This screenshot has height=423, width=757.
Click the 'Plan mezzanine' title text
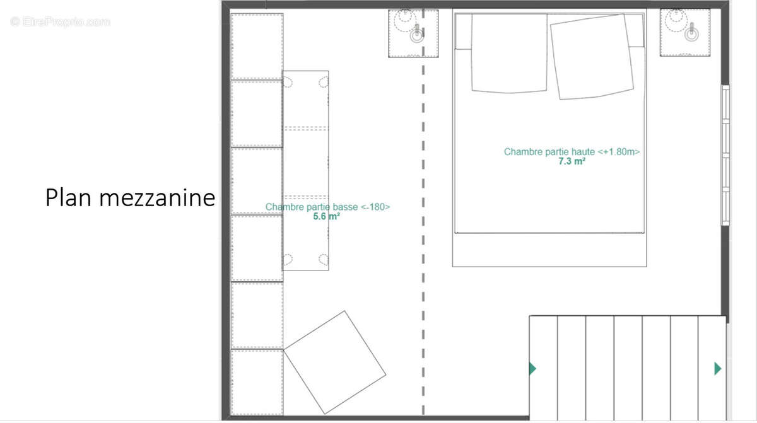point(130,198)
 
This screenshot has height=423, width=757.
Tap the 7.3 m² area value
point(572,161)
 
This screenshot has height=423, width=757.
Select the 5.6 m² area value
point(327,216)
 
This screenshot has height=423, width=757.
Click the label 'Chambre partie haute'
point(551,152)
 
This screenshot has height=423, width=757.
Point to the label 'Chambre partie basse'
point(310,207)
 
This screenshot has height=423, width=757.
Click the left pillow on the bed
point(509,53)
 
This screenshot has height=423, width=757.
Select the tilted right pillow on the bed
point(591,56)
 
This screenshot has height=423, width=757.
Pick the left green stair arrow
point(532,368)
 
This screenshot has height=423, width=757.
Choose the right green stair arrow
point(717,368)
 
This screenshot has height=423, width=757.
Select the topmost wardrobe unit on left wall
point(256,46)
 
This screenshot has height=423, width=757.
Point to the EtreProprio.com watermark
point(60,22)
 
